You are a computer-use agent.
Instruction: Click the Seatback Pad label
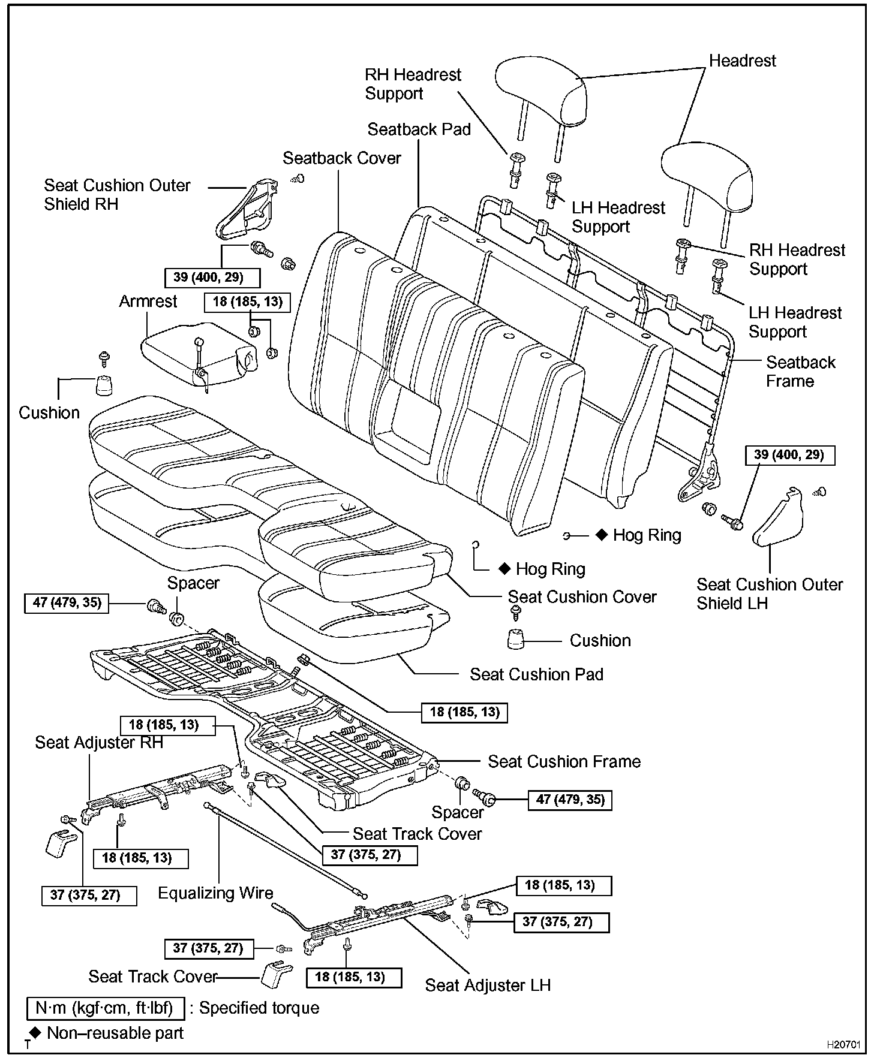tap(419, 129)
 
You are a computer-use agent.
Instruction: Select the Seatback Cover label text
tap(341, 158)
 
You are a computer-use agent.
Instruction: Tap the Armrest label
tap(148, 301)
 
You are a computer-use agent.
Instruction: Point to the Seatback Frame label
tap(800, 372)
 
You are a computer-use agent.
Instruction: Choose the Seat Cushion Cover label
tap(582, 597)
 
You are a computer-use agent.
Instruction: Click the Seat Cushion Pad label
tap(536, 674)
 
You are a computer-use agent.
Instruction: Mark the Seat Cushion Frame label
tap(564, 762)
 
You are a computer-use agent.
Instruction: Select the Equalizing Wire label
tap(215, 893)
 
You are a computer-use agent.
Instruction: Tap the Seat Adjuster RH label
tap(99, 743)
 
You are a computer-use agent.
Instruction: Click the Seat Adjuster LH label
tap(488, 985)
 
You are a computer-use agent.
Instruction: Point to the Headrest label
tap(742, 61)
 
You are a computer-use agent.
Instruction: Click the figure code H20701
tap(843, 1045)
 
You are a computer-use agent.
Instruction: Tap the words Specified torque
tap(259, 1008)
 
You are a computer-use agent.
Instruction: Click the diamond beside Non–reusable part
tap(35, 1032)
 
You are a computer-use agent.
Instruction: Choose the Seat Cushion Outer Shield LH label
tap(769, 593)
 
